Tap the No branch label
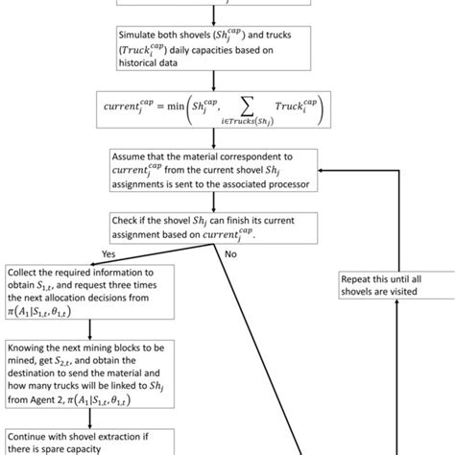[231, 256]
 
